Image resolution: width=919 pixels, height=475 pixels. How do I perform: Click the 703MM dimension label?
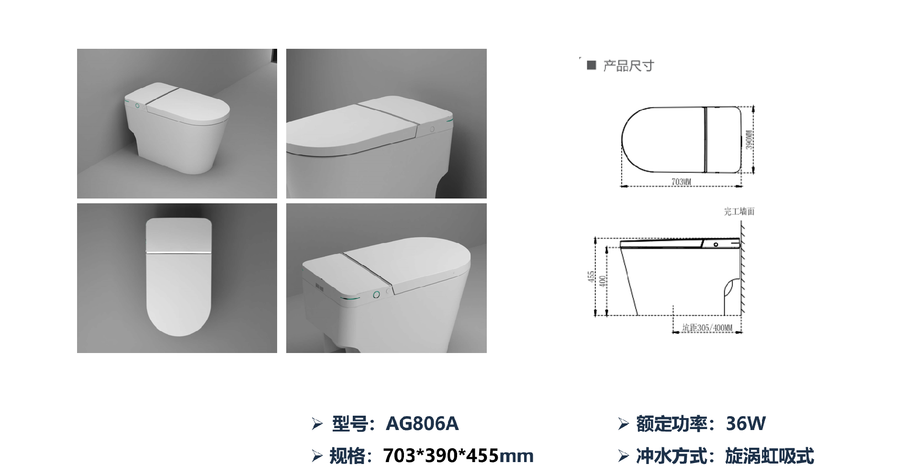click(x=681, y=182)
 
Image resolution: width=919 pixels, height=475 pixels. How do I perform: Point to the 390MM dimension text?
click(x=749, y=139)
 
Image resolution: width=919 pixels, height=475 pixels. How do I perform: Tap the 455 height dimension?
click(x=591, y=276)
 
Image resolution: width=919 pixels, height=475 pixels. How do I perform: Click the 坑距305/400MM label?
click(x=707, y=328)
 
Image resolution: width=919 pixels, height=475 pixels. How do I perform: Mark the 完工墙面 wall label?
click(x=739, y=211)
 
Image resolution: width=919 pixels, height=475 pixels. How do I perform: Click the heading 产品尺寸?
click(x=628, y=66)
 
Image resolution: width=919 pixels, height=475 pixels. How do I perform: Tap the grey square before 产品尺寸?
click(x=592, y=65)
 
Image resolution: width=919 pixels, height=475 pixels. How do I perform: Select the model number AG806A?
click(x=422, y=423)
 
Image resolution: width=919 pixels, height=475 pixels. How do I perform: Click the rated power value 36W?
click(x=746, y=423)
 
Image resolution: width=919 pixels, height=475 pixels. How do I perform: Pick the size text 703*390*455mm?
click(x=458, y=456)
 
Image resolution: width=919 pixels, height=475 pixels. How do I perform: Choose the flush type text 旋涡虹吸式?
click(x=770, y=456)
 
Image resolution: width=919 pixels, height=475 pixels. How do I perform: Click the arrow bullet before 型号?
click(x=317, y=424)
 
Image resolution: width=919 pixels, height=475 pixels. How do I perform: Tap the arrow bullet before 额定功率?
click(x=623, y=424)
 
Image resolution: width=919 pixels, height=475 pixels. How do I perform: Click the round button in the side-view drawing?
click(x=716, y=244)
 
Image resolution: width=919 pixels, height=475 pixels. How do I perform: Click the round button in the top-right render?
click(x=432, y=129)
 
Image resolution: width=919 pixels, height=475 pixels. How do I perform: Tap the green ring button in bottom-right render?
click(x=376, y=294)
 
